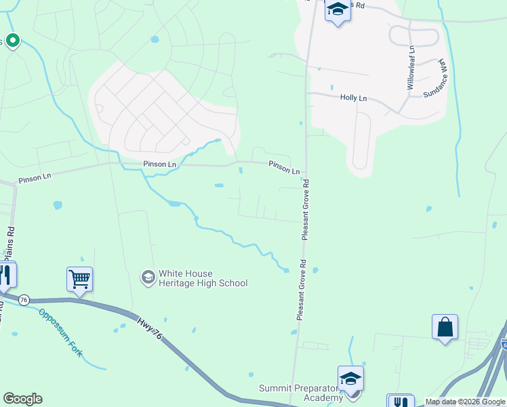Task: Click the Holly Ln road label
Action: (353, 98)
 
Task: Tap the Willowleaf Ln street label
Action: (411, 68)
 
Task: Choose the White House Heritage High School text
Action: (203, 278)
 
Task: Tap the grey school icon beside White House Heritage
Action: (147, 277)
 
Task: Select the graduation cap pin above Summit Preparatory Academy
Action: (350, 378)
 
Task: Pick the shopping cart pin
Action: (80, 278)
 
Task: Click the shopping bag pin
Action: (445, 326)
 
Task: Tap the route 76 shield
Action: (24, 300)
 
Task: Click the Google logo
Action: (22, 399)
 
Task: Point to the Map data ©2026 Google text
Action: (465, 402)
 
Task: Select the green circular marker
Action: (12, 41)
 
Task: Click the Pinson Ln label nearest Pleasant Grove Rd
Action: (284, 167)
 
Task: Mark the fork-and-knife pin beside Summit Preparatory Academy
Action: (400, 402)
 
